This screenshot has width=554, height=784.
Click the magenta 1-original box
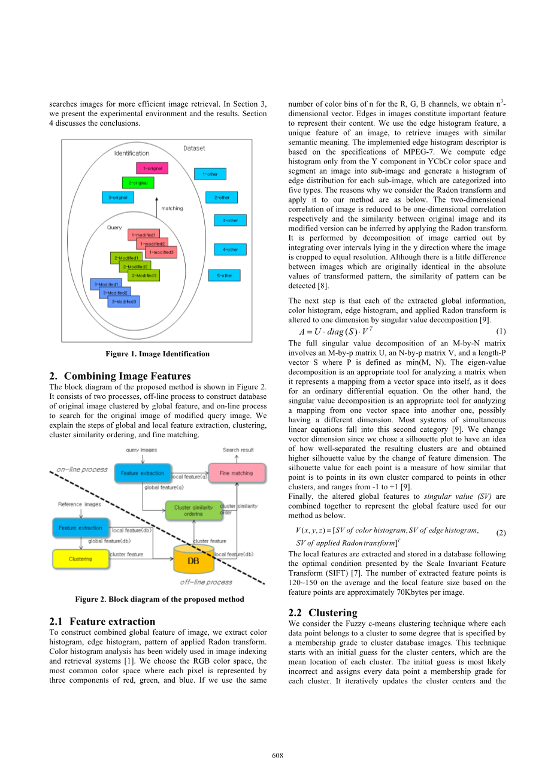click(x=152, y=169)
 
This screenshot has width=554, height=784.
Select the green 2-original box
click(x=138, y=183)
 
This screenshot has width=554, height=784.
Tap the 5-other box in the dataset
click(x=224, y=276)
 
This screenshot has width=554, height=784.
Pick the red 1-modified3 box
click(x=161, y=253)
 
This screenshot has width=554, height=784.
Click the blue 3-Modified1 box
click(x=106, y=284)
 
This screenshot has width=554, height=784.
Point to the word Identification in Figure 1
click(x=132, y=153)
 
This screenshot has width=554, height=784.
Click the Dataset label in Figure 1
click(x=194, y=148)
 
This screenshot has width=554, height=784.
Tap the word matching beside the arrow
click(x=172, y=208)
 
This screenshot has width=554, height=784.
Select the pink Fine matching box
click(x=236, y=473)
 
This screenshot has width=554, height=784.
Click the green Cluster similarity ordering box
click(x=193, y=510)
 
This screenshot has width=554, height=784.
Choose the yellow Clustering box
click(x=80, y=559)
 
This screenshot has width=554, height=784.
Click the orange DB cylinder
click(x=193, y=559)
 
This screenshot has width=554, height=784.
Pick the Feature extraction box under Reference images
click(x=80, y=528)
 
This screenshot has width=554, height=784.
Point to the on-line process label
click(x=82, y=470)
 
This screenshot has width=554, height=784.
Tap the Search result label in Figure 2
click(x=238, y=450)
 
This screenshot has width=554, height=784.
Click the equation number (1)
click(x=501, y=331)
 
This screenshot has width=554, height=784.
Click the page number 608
click(x=277, y=755)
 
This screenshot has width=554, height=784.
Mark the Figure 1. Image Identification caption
click(x=158, y=354)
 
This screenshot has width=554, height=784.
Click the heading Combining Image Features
click(x=127, y=376)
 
